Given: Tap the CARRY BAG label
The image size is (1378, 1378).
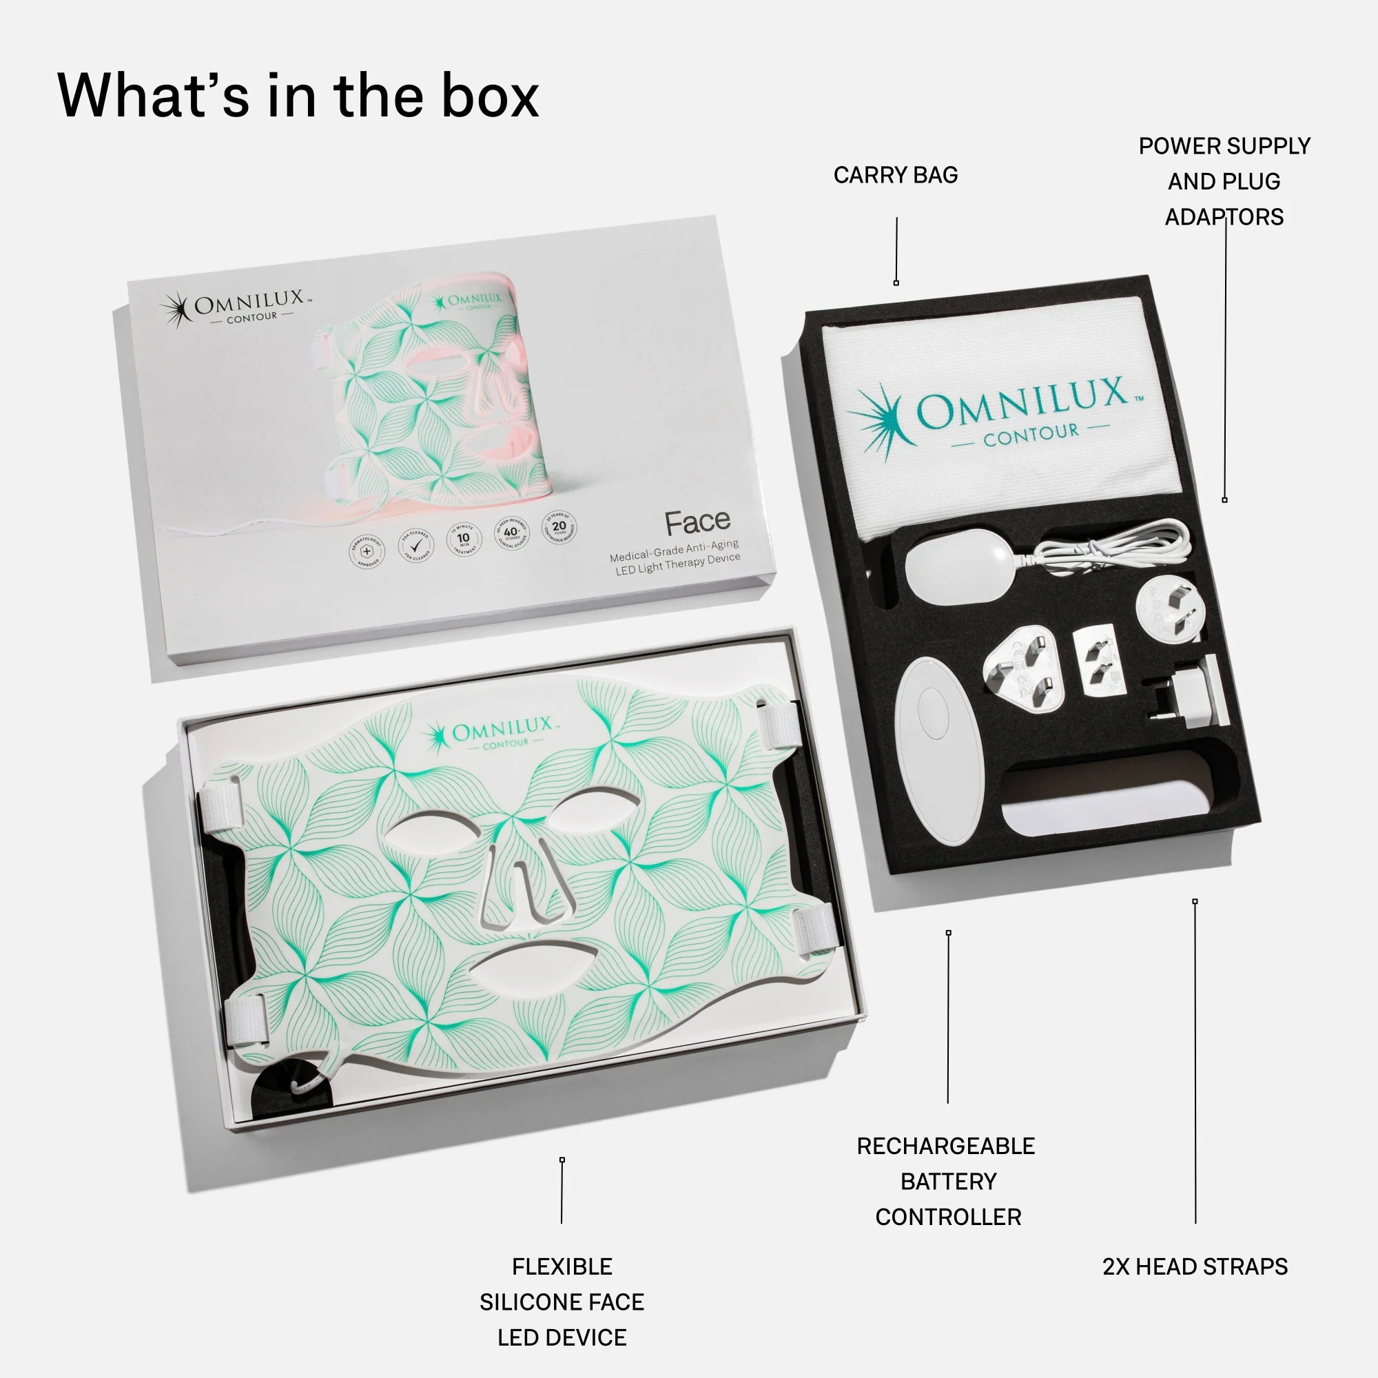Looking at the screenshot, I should tap(895, 175).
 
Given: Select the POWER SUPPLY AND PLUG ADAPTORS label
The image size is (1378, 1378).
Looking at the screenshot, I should tap(1224, 181).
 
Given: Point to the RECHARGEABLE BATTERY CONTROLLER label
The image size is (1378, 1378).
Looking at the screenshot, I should tap(947, 1181).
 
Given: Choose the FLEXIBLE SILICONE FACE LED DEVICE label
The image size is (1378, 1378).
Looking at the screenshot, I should tap(562, 1302).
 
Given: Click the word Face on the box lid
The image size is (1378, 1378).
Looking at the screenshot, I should tap(697, 523).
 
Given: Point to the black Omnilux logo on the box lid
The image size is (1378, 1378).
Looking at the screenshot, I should tap(236, 308).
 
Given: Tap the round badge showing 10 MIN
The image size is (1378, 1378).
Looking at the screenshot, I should tap(464, 539).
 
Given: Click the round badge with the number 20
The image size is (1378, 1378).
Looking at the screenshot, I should tap(559, 528).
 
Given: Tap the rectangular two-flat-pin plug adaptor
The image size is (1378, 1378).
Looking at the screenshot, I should tap(1096, 659).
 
